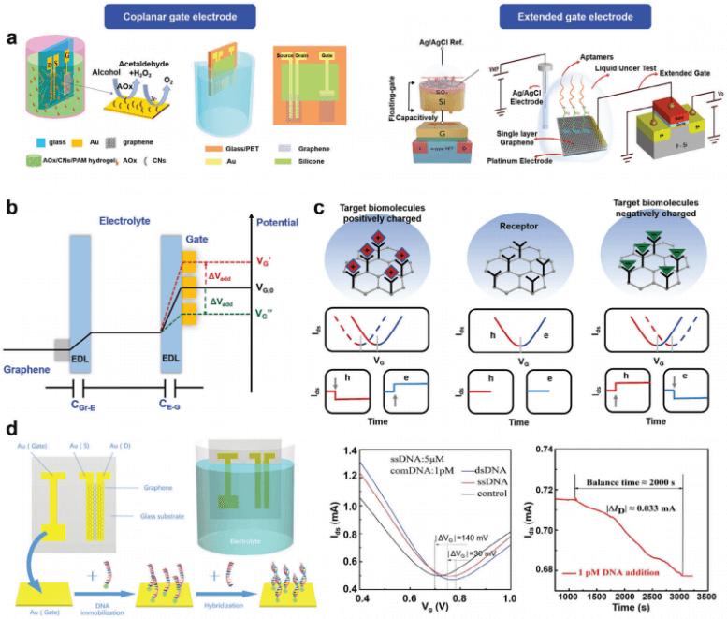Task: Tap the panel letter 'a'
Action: click(11, 41)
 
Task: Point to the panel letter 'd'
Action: click(11, 429)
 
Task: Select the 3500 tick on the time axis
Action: click(710, 595)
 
